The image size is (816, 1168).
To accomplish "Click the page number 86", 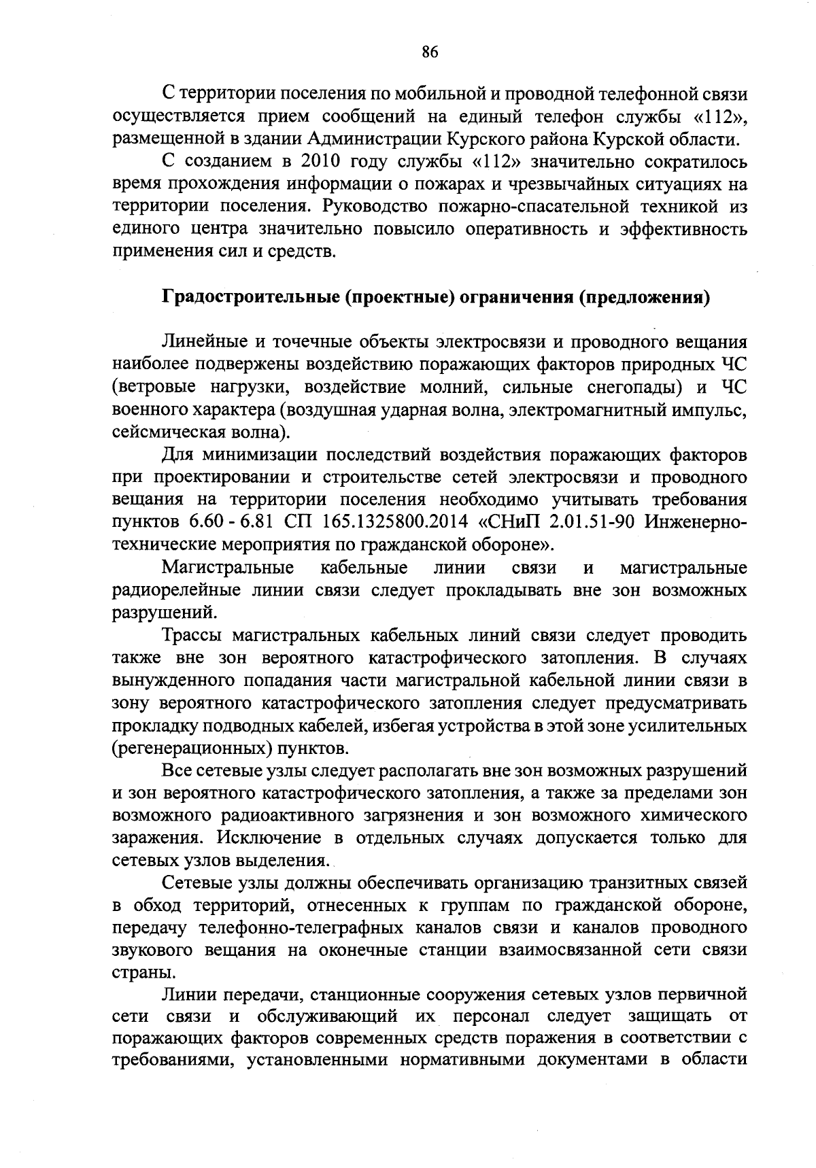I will pyautogui.click(x=429, y=52).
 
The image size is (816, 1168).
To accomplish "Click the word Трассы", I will pyautogui.click(x=193, y=636).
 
